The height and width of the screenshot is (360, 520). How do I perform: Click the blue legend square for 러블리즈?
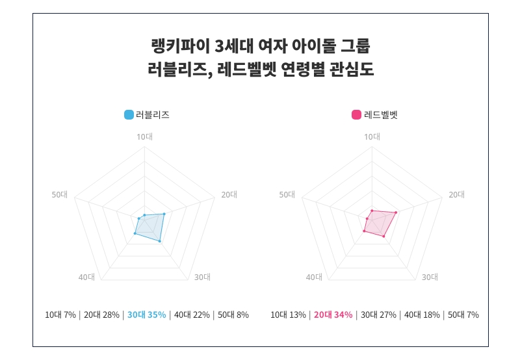pyautogui.click(x=129, y=115)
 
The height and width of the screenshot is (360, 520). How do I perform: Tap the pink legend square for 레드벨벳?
pyautogui.click(x=356, y=115)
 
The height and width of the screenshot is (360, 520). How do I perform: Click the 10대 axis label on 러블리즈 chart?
pyautogui.click(x=144, y=136)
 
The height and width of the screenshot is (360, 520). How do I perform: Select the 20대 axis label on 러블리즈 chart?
pyautogui.click(x=229, y=195)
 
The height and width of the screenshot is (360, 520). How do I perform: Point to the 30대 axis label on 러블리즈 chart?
pyautogui.click(x=202, y=277)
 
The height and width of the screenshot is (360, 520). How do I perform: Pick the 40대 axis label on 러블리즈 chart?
pyautogui.click(x=86, y=277)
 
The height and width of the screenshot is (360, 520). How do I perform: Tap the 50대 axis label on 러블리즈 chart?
pyautogui.click(x=60, y=195)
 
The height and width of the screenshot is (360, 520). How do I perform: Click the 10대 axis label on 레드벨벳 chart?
pyautogui.click(x=372, y=136)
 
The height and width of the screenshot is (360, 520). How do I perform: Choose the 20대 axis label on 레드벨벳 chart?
pyautogui.click(x=456, y=195)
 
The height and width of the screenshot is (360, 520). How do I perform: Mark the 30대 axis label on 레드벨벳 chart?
pyautogui.click(x=430, y=277)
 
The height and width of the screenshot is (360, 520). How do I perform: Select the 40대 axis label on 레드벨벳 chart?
pyautogui.click(x=314, y=277)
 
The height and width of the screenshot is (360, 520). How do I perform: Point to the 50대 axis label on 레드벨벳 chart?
pyautogui.click(x=287, y=195)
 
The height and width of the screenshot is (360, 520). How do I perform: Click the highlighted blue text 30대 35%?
pyautogui.click(x=146, y=315)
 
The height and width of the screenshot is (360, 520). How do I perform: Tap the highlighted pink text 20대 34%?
pyautogui.click(x=333, y=315)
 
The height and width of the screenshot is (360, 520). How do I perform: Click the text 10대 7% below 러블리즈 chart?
pyautogui.click(x=60, y=315)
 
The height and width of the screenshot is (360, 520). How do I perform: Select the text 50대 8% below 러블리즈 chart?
pyautogui.click(x=233, y=315)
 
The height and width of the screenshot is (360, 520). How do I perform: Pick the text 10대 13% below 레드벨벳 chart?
pyautogui.click(x=288, y=315)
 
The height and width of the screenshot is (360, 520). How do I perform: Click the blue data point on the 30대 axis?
pyautogui.click(x=160, y=242)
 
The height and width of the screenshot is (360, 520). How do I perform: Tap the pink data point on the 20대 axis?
pyautogui.click(x=395, y=212)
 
